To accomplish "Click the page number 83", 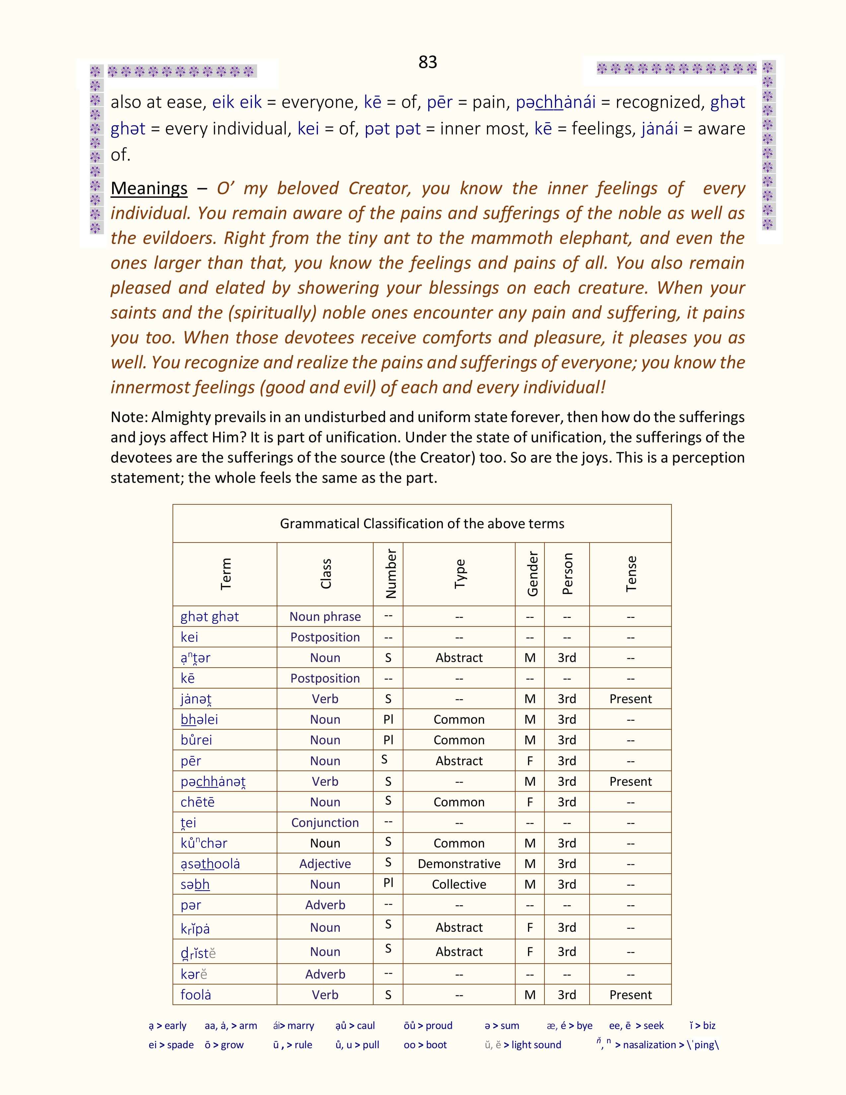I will [428, 62].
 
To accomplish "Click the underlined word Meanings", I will [149, 188].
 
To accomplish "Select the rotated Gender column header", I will [532, 574].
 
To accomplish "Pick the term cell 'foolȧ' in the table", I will [196, 995].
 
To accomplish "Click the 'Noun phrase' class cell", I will [325, 617].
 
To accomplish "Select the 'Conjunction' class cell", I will [325, 823].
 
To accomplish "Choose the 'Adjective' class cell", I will [325, 864].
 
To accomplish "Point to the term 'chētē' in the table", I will [197, 802].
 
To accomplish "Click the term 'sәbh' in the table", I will [195, 884].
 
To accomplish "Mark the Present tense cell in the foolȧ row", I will [630, 995].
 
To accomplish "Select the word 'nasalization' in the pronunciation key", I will [650, 1045].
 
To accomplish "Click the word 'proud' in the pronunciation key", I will [439, 1026].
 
